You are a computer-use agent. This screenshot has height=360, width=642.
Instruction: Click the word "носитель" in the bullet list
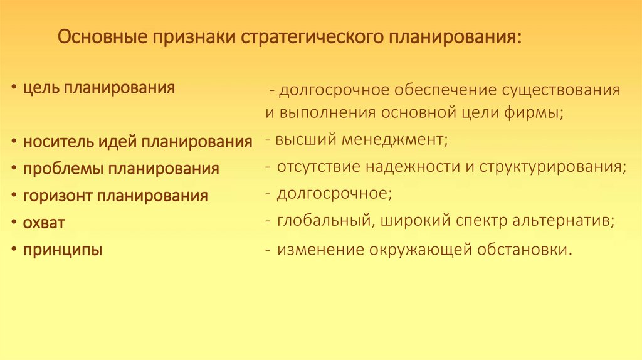58,142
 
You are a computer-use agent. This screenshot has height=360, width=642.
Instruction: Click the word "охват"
44,223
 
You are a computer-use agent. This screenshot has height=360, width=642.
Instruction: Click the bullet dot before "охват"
14,223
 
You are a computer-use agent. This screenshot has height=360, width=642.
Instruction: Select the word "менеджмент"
395,140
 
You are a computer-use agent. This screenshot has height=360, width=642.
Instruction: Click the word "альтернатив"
562,221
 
